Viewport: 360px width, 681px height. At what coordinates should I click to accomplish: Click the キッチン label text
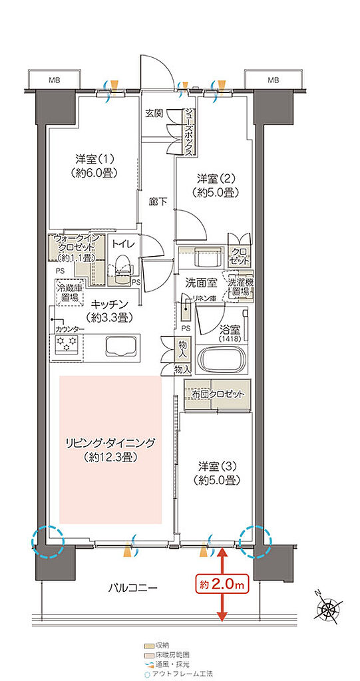pyautogui.click(x=101, y=305)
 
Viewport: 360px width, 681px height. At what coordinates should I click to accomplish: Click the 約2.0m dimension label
pyautogui.click(x=222, y=585)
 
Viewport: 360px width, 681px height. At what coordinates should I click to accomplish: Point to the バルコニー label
pyautogui.click(x=133, y=588)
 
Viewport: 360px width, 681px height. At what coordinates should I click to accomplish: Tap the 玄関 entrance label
pyautogui.click(x=155, y=113)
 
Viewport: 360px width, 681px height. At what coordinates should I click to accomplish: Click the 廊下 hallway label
pyautogui.click(x=157, y=199)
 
